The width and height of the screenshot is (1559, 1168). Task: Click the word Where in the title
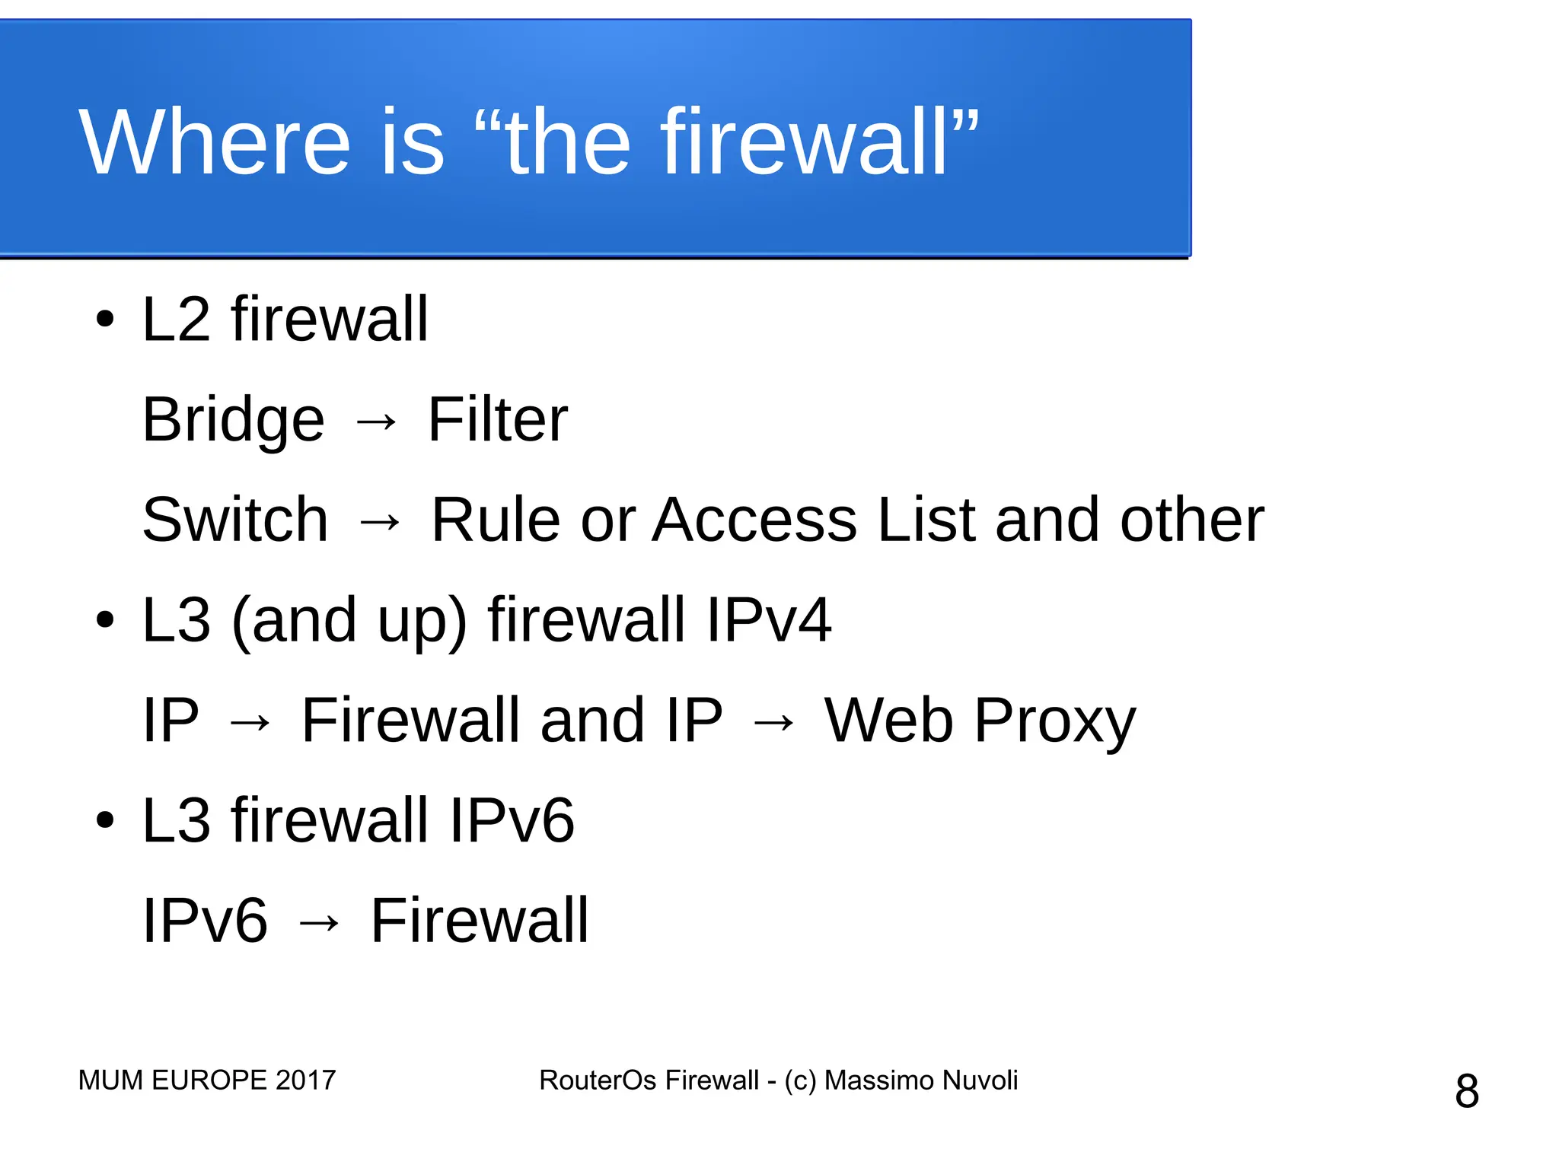click(214, 142)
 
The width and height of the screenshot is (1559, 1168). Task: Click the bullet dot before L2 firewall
click(105, 320)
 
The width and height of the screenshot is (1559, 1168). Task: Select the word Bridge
click(233, 420)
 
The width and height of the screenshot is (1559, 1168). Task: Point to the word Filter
click(497, 419)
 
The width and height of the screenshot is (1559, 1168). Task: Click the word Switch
click(235, 520)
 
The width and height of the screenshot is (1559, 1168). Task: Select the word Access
click(754, 520)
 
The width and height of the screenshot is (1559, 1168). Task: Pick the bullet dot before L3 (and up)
click(105, 620)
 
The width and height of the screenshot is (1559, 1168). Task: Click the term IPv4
click(768, 620)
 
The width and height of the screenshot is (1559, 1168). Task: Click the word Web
click(888, 720)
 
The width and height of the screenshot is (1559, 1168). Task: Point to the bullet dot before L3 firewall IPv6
click(105, 820)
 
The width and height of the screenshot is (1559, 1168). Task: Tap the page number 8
click(1467, 1091)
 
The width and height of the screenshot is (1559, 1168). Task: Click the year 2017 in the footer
click(305, 1080)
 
